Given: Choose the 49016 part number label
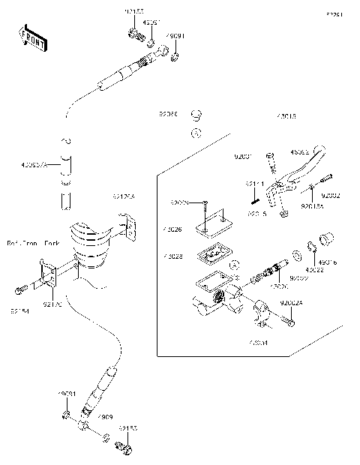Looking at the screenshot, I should pos(328,263).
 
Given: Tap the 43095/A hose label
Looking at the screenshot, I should pos(35,165).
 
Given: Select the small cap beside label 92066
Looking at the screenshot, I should pos(197,115).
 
